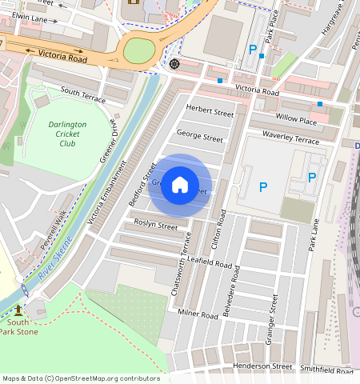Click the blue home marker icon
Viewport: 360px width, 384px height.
[180, 186]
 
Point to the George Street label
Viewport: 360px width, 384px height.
[200, 138]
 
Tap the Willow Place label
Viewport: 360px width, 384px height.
[296, 119]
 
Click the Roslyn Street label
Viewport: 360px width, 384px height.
[155, 226]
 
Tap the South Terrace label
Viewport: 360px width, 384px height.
[82, 94]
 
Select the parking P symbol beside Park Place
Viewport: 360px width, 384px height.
[253, 50]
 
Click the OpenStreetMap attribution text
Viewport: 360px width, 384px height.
[81, 378]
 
